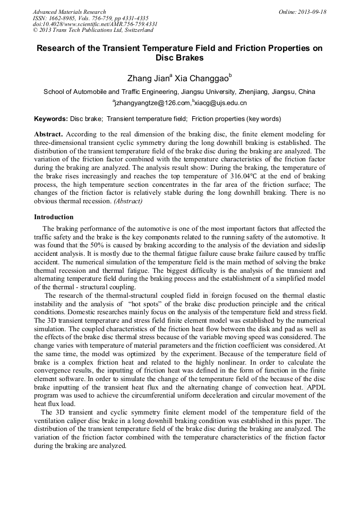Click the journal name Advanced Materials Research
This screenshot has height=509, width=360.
point(69,12)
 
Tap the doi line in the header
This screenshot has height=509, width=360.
point(95,24)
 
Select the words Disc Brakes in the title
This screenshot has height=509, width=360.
point(179,58)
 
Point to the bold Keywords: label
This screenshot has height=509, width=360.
point(51,119)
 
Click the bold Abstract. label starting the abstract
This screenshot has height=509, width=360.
point(48,135)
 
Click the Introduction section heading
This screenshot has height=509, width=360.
point(54,217)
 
